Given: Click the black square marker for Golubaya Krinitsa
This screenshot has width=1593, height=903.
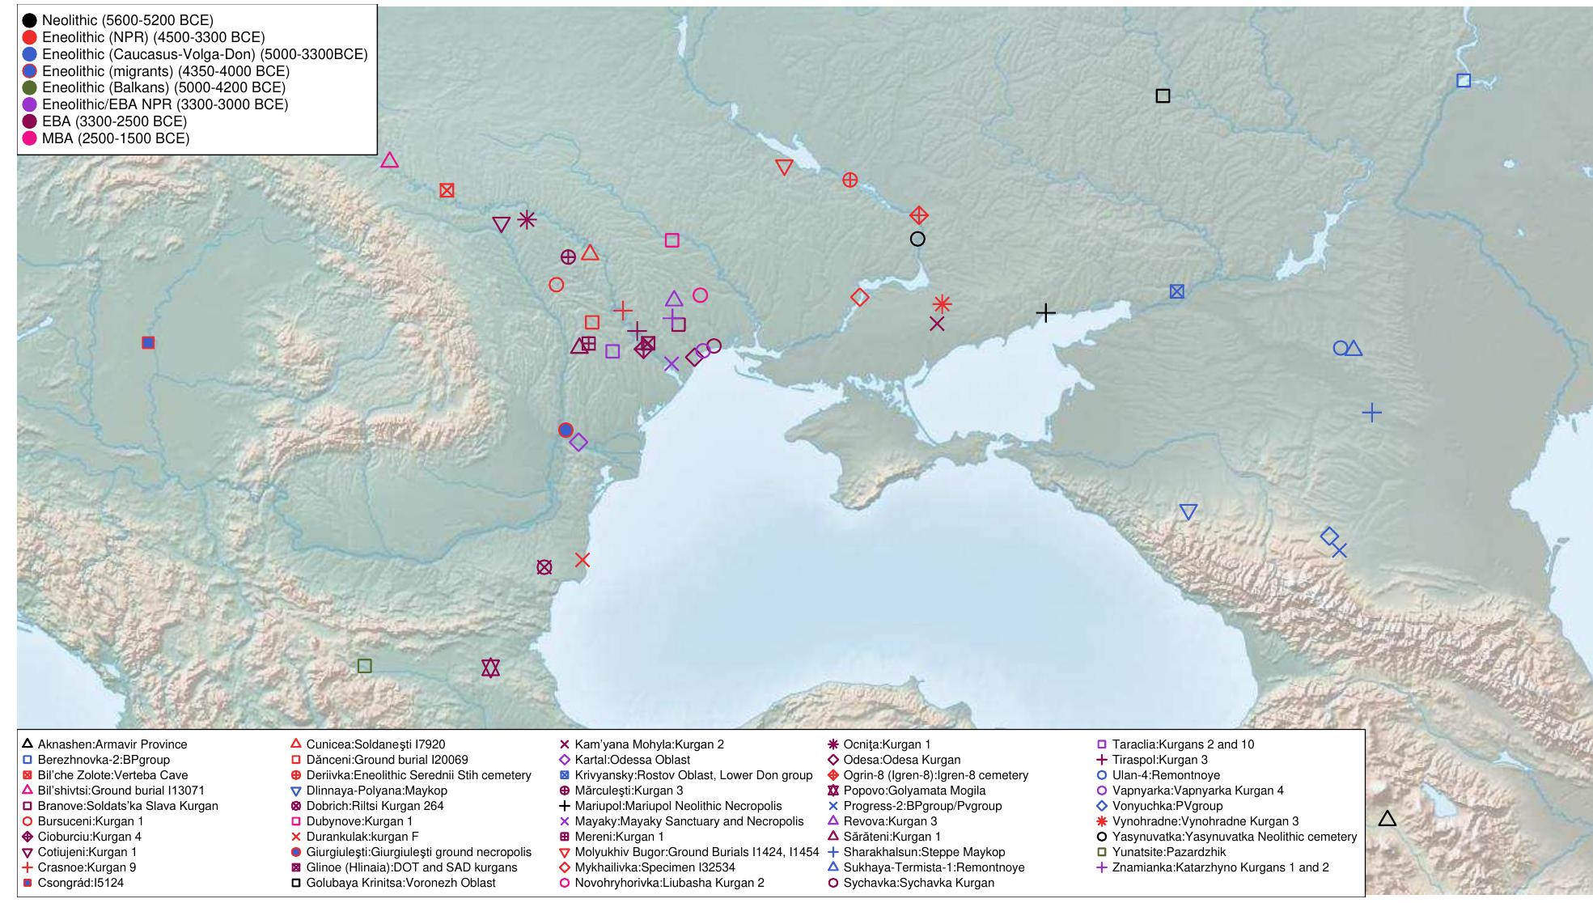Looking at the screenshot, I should pyautogui.click(x=1163, y=95).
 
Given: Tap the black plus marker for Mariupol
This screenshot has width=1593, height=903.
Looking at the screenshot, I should pyautogui.click(x=1046, y=312).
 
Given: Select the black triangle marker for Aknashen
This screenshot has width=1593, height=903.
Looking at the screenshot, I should pyautogui.click(x=1388, y=819).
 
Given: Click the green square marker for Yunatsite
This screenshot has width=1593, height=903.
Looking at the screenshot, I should pyautogui.click(x=365, y=666).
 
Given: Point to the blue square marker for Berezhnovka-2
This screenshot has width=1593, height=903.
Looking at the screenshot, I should pyautogui.click(x=1464, y=80).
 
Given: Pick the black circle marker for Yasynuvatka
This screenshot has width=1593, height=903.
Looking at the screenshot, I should pyautogui.click(x=917, y=239).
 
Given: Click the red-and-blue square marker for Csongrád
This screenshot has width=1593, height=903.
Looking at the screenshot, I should pyautogui.click(x=148, y=342).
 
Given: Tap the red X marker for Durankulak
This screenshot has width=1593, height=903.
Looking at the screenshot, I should pyautogui.click(x=583, y=559).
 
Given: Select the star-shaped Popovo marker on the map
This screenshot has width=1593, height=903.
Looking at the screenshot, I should pyautogui.click(x=490, y=668).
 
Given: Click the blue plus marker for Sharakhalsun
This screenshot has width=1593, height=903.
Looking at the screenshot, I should pyautogui.click(x=1372, y=413).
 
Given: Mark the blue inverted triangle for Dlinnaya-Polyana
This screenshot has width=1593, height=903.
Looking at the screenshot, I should pyautogui.click(x=1188, y=511).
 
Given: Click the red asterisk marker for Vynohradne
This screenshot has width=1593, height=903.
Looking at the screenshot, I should pyautogui.click(x=942, y=304).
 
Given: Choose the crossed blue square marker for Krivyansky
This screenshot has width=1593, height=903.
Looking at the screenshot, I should pyautogui.click(x=1177, y=291).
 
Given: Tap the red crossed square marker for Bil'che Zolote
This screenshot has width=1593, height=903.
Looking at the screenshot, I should pyautogui.click(x=447, y=190).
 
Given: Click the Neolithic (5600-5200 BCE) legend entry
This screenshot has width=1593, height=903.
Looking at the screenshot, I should pyautogui.click(x=128, y=20).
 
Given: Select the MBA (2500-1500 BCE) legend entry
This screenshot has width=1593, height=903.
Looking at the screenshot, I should pyautogui.click(x=115, y=138).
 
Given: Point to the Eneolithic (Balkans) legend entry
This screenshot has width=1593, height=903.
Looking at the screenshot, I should pyautogui.click(x=163, y=87).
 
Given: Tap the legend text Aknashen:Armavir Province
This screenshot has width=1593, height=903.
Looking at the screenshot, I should pyautogui.click(x=112, y=744).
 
